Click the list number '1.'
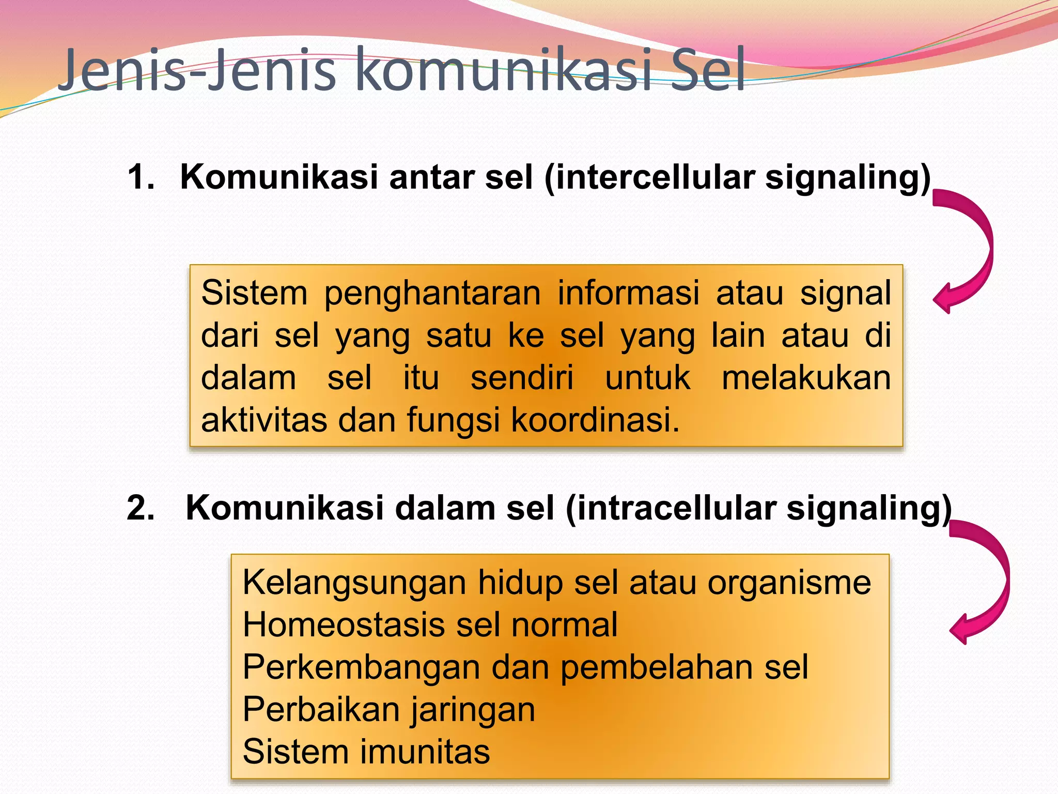pos(141,177)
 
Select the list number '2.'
pos(141,508)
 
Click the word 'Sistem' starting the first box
pos(254,293)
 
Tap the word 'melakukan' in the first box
pos(806,378)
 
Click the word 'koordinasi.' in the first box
pos(595,420)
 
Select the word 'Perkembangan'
pos(361,668)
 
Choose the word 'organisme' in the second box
pos(789,583)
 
